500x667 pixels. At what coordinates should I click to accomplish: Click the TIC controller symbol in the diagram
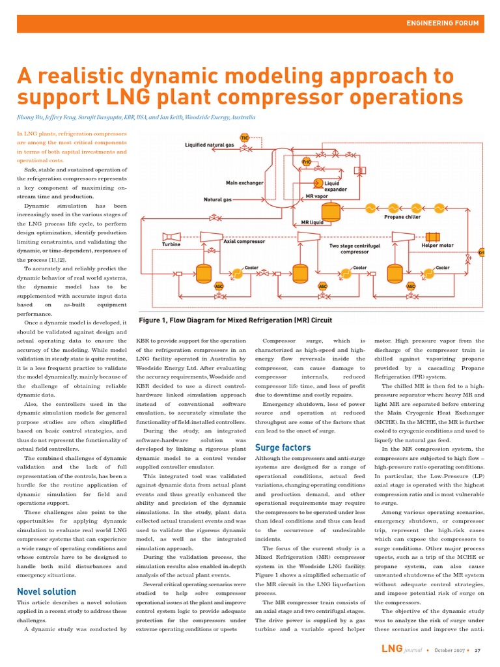pos(245,138)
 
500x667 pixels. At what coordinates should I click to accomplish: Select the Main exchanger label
pos(244,183)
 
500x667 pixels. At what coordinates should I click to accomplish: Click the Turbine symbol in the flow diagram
pos(173,236)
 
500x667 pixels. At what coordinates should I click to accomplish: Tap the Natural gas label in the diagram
pos(217,199)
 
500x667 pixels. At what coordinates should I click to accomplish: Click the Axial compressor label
pos(244,242)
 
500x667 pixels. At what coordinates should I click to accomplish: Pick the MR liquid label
pos(312,222)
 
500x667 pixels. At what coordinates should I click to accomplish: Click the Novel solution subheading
pos(46,591)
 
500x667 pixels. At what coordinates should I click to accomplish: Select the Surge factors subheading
pos(283,447)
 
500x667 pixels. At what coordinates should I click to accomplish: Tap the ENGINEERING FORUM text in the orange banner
pos(442,23)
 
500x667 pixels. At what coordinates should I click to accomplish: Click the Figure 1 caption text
pos(234,320)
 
